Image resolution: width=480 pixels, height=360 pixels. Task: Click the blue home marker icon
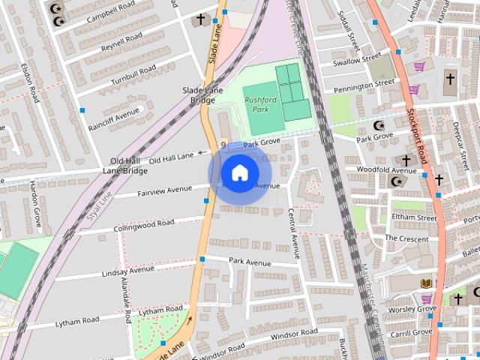tap(238, 172)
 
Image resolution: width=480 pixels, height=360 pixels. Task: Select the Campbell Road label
tap(91, 14)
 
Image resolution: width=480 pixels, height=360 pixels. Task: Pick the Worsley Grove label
tap(412, 308)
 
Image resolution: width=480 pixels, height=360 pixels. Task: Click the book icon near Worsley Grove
tap(426, 283)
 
